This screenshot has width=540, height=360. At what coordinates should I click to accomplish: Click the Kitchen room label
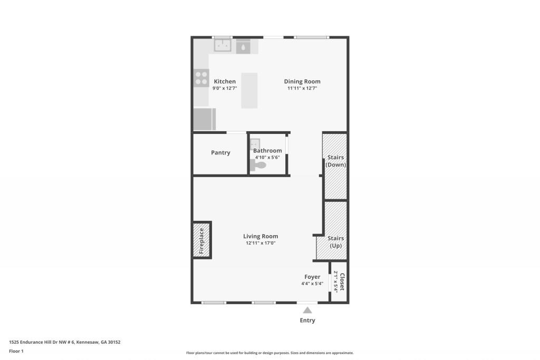tap(225, 82)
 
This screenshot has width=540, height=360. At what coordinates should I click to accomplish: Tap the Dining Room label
tap(302, 82)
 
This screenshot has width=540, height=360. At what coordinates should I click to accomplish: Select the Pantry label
tap(220, 153)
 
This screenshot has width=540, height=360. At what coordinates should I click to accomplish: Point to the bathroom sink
tap(254, 143)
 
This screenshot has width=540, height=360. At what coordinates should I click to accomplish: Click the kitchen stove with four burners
tap(201, 78)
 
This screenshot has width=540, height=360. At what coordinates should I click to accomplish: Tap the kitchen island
tap(249, 91)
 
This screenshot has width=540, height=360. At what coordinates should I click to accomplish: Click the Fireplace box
tap(201, 240)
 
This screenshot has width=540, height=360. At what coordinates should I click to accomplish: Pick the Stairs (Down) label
tap(336, 161)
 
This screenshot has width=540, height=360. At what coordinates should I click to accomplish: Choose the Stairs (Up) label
tap(336, 242)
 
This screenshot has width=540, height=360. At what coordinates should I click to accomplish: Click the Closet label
tap(342, 282)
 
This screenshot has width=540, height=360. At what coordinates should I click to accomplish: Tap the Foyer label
tap(312, 277)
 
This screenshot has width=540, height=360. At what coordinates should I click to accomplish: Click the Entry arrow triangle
tap(307, 310)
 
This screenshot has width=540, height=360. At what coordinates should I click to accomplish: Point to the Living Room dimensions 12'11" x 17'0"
tap(261, 244)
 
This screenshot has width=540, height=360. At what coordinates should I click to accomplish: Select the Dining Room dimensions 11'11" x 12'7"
tap(302, 89)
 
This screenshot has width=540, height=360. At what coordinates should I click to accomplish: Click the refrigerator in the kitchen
tap(205, 119)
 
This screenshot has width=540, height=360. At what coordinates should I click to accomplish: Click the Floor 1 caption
tap(16, 351)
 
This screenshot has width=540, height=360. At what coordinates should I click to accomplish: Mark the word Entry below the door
tap(307, 320)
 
